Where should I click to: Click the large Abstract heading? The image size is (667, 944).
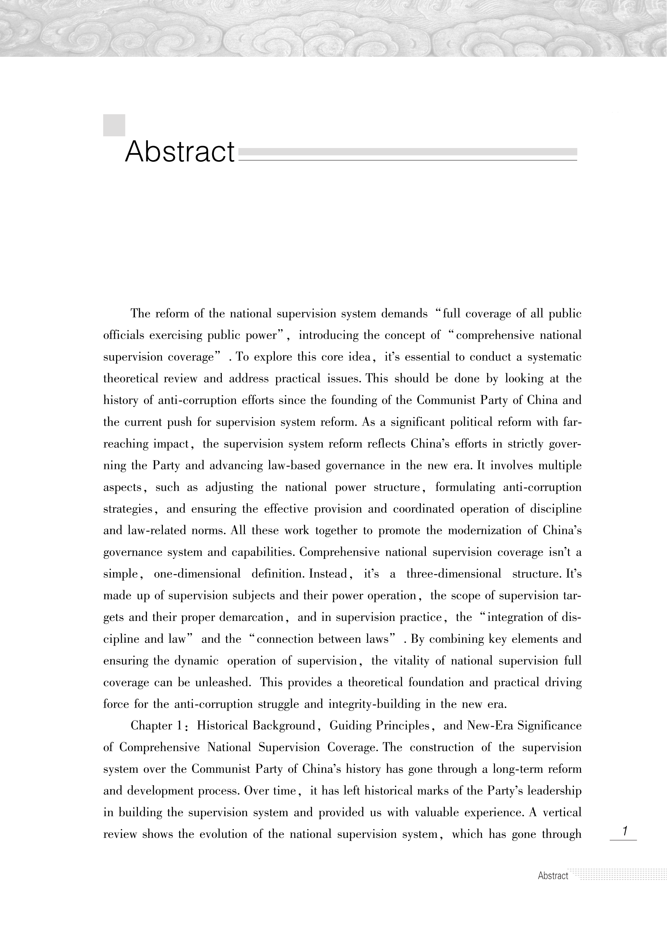tap(180, 152)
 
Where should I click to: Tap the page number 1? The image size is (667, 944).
tap(624, 831)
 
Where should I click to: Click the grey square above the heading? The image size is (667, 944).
tap(114, 125)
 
